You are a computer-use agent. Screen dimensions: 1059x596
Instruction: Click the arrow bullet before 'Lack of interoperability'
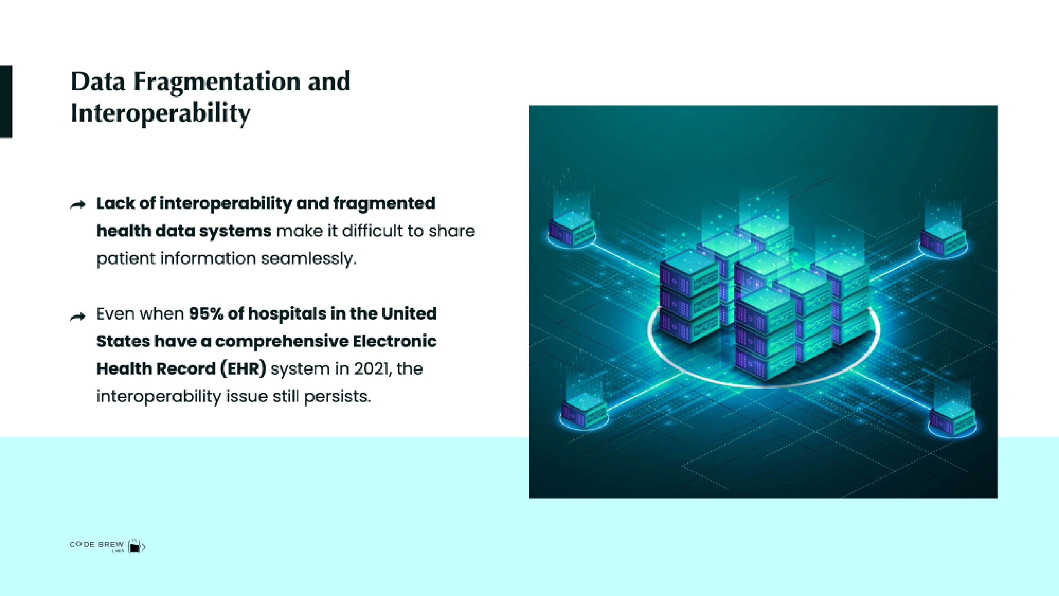[78, 205]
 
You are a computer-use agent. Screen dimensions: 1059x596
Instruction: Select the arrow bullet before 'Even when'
[78, 316]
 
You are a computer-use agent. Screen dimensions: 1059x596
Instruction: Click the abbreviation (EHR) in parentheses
[243, 368]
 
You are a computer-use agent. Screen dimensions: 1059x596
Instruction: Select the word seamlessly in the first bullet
[309, 259]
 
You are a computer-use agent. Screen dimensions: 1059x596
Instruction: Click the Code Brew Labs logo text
[97, 545]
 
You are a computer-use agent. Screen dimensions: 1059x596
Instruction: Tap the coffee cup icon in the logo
[135, 546]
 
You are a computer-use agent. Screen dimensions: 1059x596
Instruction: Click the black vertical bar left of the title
[6, 101]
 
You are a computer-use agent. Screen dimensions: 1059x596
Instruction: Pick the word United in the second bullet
[409, 314]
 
